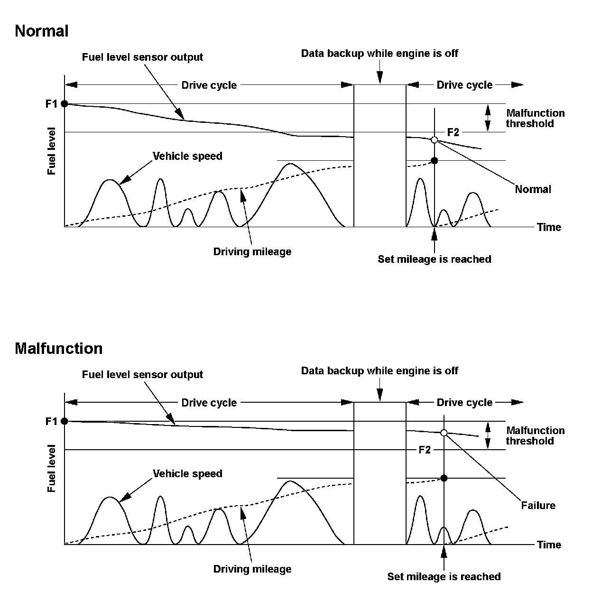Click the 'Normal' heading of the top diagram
42,31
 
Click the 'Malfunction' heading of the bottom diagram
58,349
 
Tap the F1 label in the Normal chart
51,103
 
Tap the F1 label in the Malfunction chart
51,421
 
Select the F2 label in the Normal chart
453,132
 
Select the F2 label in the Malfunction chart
425,450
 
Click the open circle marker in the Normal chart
434,139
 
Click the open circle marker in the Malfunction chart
444,433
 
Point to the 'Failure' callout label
538,506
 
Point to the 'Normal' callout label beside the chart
533,189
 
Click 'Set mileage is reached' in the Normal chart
434,259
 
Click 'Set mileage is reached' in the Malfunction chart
444,577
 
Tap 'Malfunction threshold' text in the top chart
535,119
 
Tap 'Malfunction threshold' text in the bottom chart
535,436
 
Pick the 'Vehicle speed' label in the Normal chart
187,156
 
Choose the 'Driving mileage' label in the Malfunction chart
252,569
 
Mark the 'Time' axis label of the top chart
549,227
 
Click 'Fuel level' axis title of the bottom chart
52,469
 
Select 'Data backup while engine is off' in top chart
379,54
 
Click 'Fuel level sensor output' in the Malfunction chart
142,375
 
